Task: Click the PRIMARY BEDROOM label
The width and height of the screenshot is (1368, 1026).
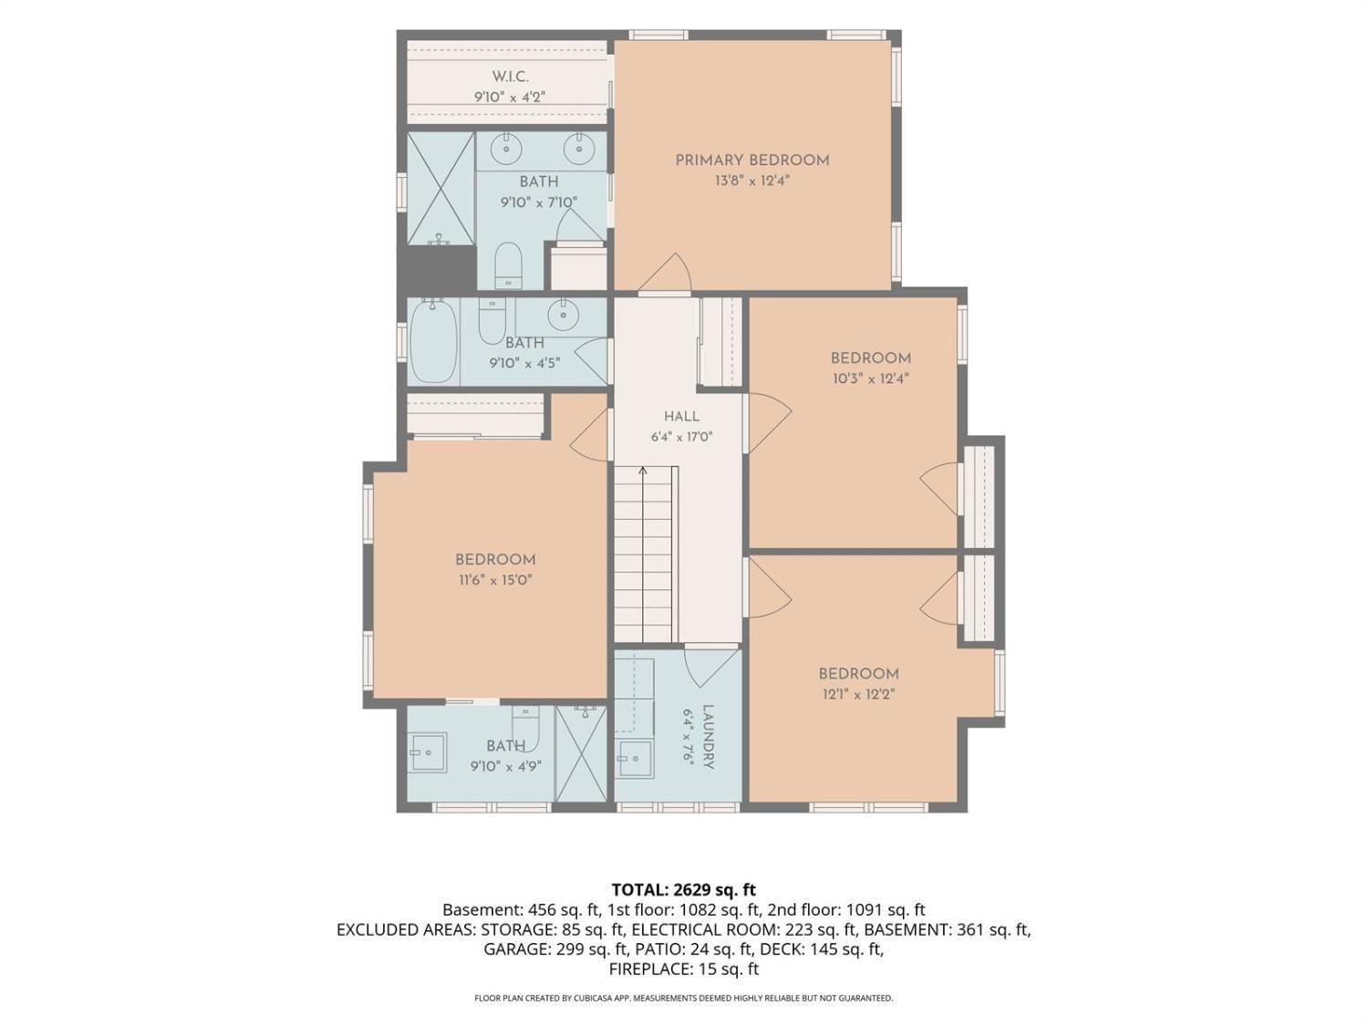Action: (751, 161)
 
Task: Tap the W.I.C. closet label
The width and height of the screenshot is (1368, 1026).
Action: (510, 77)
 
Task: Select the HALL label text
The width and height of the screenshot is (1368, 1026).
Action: (681, 416)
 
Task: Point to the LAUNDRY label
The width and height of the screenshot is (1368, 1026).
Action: (708, 736)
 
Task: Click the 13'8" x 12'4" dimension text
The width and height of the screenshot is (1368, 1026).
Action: (752, 181)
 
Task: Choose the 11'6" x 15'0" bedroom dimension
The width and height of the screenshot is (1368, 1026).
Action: (495, 580)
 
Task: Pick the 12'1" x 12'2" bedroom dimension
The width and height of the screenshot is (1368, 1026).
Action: (858, 694)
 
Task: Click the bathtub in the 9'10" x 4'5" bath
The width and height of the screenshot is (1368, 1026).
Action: (434, 341)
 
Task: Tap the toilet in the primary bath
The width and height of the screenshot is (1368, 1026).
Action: (509, 265)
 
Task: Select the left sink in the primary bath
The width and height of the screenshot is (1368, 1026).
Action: (505, 149)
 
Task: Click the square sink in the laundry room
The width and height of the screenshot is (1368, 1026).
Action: (635, 759)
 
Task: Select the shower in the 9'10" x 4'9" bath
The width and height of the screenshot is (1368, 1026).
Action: (580, 753)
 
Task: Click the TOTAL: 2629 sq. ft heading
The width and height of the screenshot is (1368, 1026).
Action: (683, 889)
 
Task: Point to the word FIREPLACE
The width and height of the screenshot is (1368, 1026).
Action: (648, 969)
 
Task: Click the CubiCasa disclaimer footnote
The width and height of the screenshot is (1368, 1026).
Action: (684, 998)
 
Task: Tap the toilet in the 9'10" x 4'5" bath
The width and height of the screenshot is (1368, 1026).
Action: (492, 320)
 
